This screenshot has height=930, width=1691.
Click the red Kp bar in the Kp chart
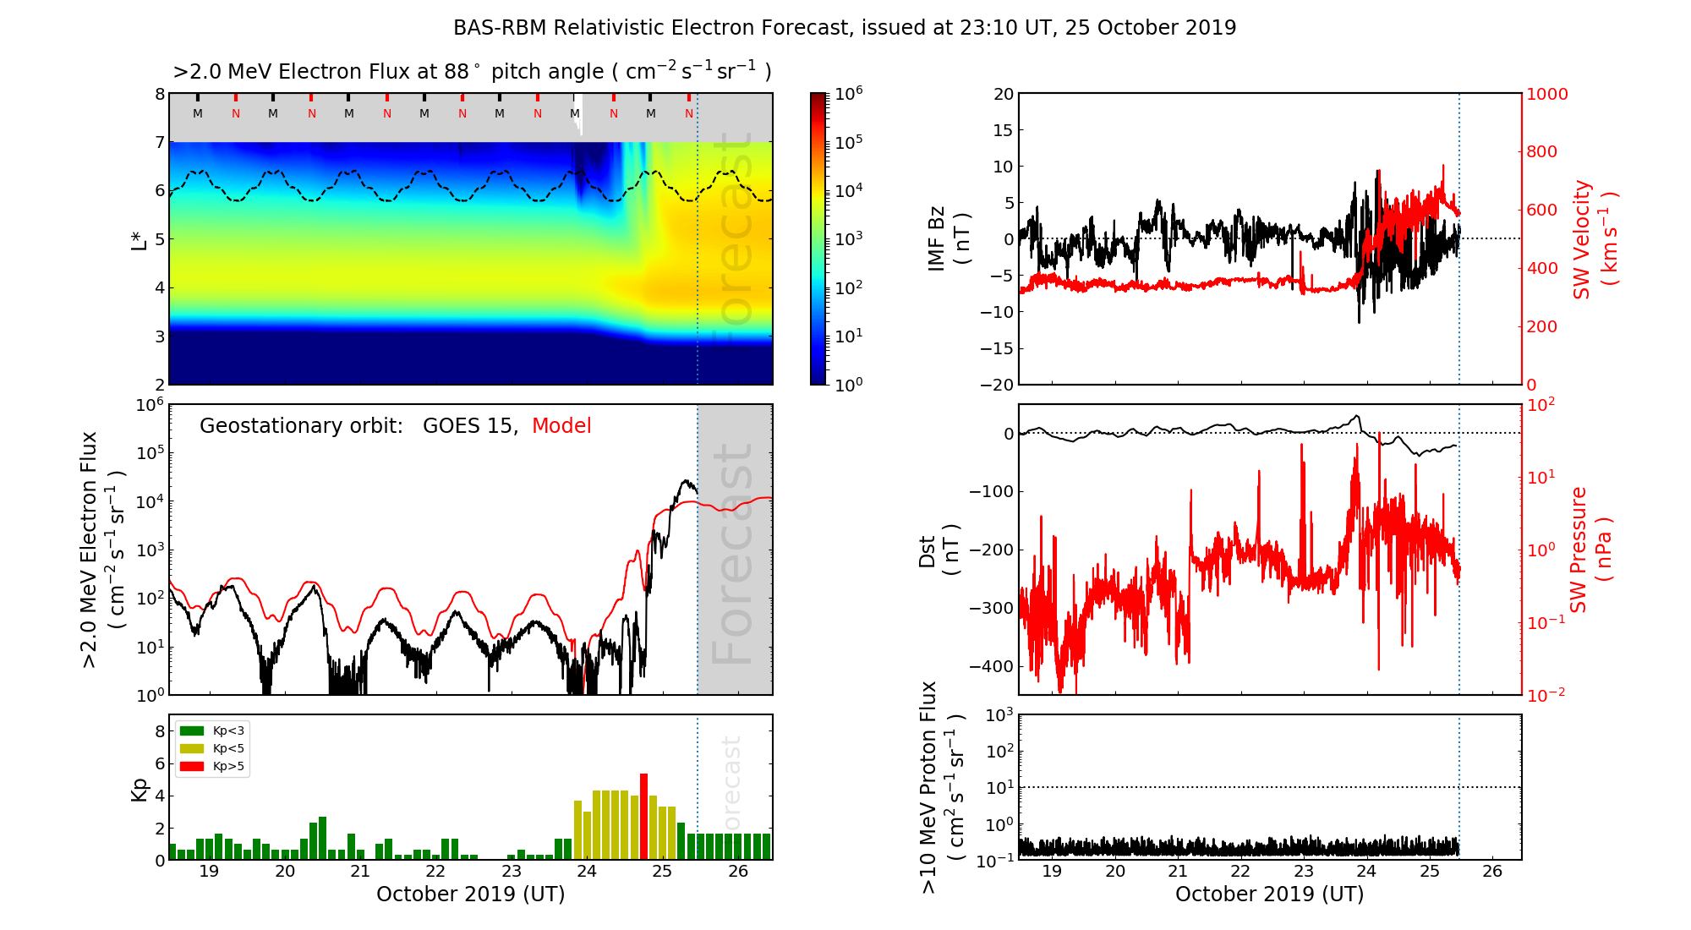tap(643, 816)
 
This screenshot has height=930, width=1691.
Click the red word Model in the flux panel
tap(561, 426)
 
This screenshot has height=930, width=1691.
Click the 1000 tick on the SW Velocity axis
tap(1546, 94)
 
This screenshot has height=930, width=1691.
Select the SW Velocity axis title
tap(1595, 238)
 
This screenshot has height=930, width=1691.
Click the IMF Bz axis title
tap(948, 238)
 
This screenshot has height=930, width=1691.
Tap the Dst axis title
tap(939, 550)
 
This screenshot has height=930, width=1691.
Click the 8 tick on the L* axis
tap(159, 94)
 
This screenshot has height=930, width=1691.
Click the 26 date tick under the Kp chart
tap(737, 872)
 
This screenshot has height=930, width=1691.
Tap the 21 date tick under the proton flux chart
tap(1178, 872)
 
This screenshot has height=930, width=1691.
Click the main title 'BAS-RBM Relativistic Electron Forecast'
tap(651, 28)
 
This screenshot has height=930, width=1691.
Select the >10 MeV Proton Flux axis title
tap(941, 787)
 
